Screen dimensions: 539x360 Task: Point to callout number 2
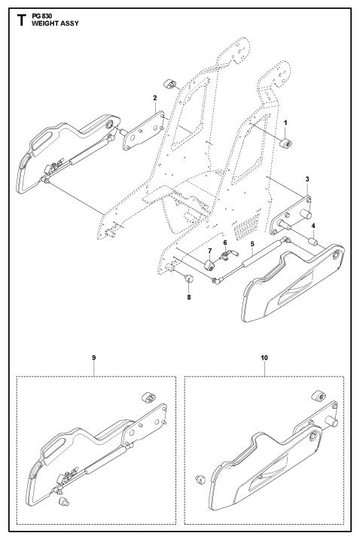click(x=154, y=98)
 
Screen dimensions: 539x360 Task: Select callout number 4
click(x=313, y=225)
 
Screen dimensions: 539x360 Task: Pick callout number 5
click(x=252, y=244)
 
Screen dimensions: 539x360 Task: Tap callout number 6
click(x=224, y=242)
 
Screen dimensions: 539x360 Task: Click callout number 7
click(x=210, y=249)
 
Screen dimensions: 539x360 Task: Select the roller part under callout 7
click(x=209, y=266)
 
